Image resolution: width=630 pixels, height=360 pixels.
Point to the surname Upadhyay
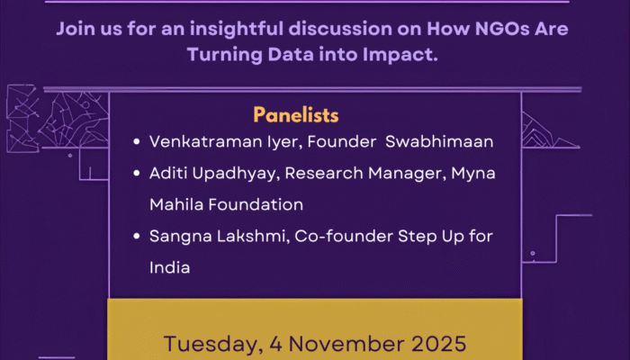click(231, 173)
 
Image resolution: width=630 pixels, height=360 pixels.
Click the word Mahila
click(175, 204)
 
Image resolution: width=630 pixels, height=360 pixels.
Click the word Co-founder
click(329, 236)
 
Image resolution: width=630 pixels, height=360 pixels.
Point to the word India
click(169, 267)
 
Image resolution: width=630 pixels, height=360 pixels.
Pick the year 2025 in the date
click(434, 344)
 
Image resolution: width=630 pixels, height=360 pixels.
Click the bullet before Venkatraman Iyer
click(135, 142)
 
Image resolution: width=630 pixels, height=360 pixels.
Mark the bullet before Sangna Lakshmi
click(135, 237)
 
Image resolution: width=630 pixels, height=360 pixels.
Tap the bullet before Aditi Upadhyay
click(135, 174)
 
